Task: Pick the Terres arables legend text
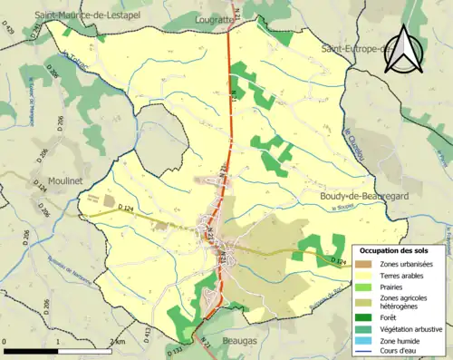(400, 276)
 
